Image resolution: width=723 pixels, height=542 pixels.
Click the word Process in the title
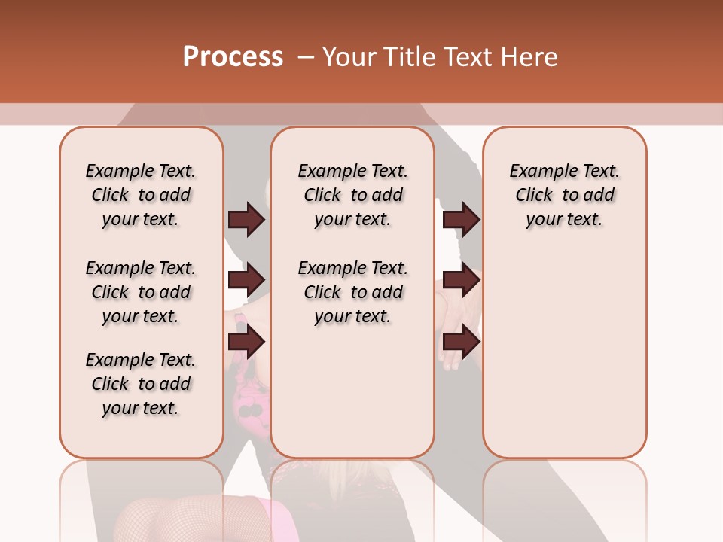click(233, 57)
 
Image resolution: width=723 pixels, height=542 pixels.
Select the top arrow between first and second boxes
click(246, 219)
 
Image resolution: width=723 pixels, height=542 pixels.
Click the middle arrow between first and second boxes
click(246, 280)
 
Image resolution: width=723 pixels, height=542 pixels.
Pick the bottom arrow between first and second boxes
click(246, 342)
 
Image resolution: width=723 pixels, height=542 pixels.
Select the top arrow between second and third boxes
click(461, 219)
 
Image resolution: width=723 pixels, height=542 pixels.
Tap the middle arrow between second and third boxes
click(461, 280)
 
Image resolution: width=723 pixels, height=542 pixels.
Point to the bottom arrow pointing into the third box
click(461, 342)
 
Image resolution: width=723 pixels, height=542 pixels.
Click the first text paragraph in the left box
click(141, 195)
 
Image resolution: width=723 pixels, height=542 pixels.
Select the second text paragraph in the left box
click(141, 292)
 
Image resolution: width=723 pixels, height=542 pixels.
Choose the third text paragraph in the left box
click(141, 384)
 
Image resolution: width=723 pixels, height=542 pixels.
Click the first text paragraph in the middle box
click(353, 195)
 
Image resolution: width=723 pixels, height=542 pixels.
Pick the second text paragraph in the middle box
click(353, 292)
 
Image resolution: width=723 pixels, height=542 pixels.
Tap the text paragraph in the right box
click(565, 195)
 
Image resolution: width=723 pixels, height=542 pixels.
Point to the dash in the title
click(306, 57)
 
